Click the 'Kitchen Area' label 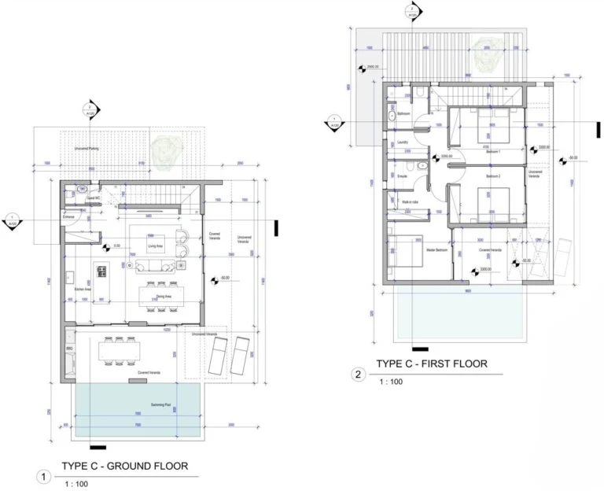tap(83, 290)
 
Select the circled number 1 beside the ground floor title tap(45, 476)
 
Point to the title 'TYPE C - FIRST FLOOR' tap(431, 364)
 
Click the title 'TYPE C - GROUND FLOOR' tap(124, 466)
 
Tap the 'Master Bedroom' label tap(437, 250)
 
